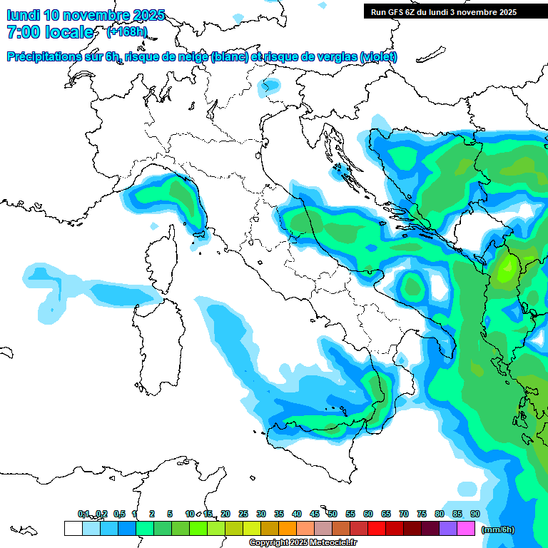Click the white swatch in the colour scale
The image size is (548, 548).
[73, 528]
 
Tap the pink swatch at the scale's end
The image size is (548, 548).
[466, 528]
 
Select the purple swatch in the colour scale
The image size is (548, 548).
[448, 528]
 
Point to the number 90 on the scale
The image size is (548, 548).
[475, 514]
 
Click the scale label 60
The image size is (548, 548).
[368, 514]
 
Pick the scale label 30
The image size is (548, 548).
[261, 514]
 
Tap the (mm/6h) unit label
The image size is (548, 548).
[498, 529]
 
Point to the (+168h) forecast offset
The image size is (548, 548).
[126, 31]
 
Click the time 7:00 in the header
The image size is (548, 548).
[24, 32]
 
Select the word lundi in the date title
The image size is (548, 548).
[23, 15]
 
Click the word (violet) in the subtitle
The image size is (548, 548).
[379, 56]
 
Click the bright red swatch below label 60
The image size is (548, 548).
[377, 528]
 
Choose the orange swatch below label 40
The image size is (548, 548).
[288, 528]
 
